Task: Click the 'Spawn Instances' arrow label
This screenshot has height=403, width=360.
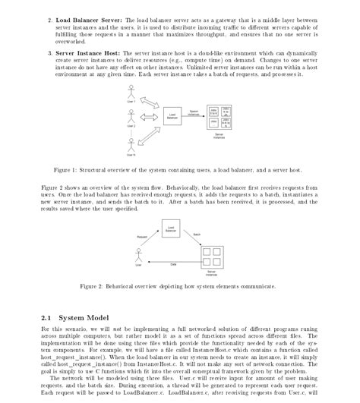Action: pyautogui.click(x=194, y=112)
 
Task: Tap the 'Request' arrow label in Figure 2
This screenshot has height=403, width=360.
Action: pyautogui.click(x=142, y=237)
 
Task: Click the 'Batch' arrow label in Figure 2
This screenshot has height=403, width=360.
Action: pyautogui.click(x=196, y=235)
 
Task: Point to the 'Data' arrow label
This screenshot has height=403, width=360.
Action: pyautogui.click(x=173, y=263)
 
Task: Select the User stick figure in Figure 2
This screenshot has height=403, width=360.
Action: pyautogui.click(x=138, y=258)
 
